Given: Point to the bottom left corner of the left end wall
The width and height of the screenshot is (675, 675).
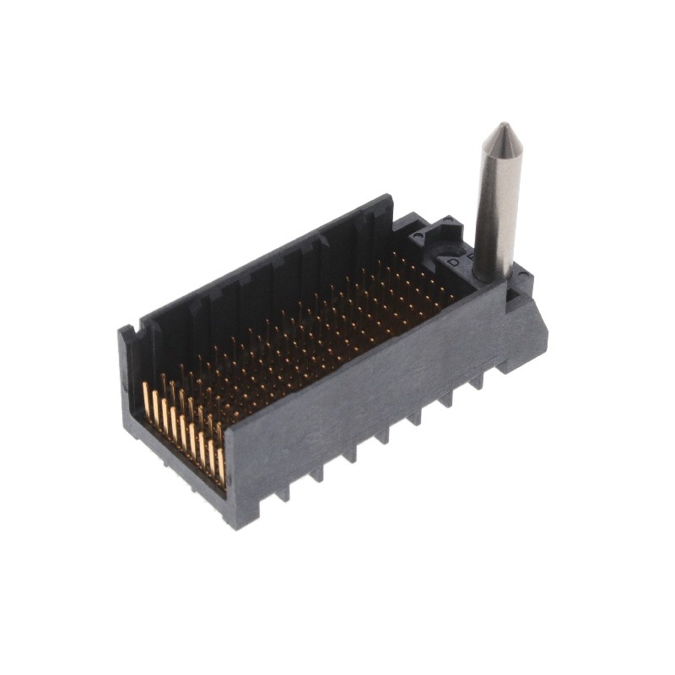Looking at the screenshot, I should pyautogui.click(x=127, y=426).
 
